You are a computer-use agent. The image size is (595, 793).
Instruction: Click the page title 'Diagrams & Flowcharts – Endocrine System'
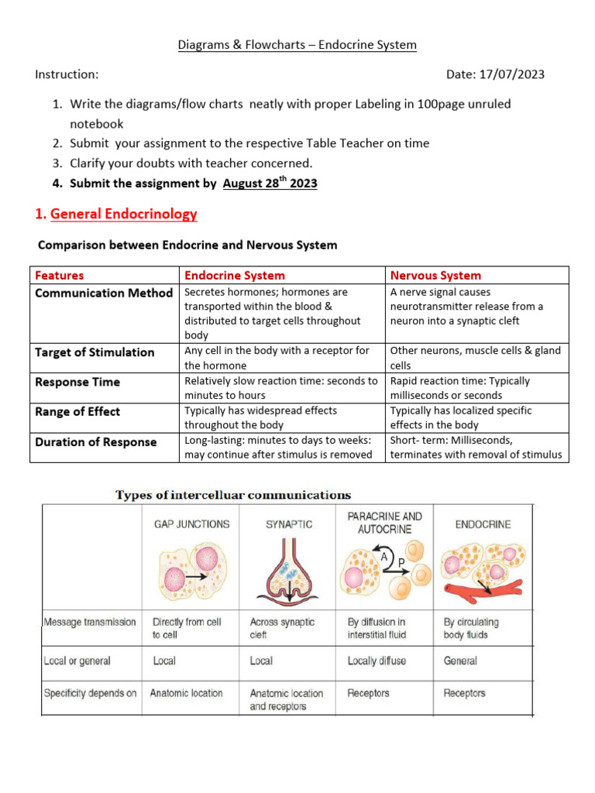point(297,45)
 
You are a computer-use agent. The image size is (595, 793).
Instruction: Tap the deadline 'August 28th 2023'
point(270,184)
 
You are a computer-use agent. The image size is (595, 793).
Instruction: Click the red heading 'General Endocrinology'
point(123,214)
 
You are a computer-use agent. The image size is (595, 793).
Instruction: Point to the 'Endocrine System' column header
point(234,276)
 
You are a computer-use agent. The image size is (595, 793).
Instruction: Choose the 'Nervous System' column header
point(435,276)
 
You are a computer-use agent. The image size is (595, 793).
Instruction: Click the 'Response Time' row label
point(77,382)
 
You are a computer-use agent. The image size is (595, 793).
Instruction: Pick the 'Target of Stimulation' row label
point(95,352)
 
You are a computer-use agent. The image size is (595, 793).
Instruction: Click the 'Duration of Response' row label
point(96,442)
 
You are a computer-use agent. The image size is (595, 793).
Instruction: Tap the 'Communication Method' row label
point(104,293)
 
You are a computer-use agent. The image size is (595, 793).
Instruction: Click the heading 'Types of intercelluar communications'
point(233,495)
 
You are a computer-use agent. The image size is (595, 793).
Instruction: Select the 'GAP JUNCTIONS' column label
point(191,524)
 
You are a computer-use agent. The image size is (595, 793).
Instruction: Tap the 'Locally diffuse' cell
point(377,661)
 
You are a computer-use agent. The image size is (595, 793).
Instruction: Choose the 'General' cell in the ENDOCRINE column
point(460,661)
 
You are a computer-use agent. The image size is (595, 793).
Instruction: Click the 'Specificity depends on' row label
point(90,693)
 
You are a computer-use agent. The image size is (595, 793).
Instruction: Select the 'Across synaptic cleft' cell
point(282,628)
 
